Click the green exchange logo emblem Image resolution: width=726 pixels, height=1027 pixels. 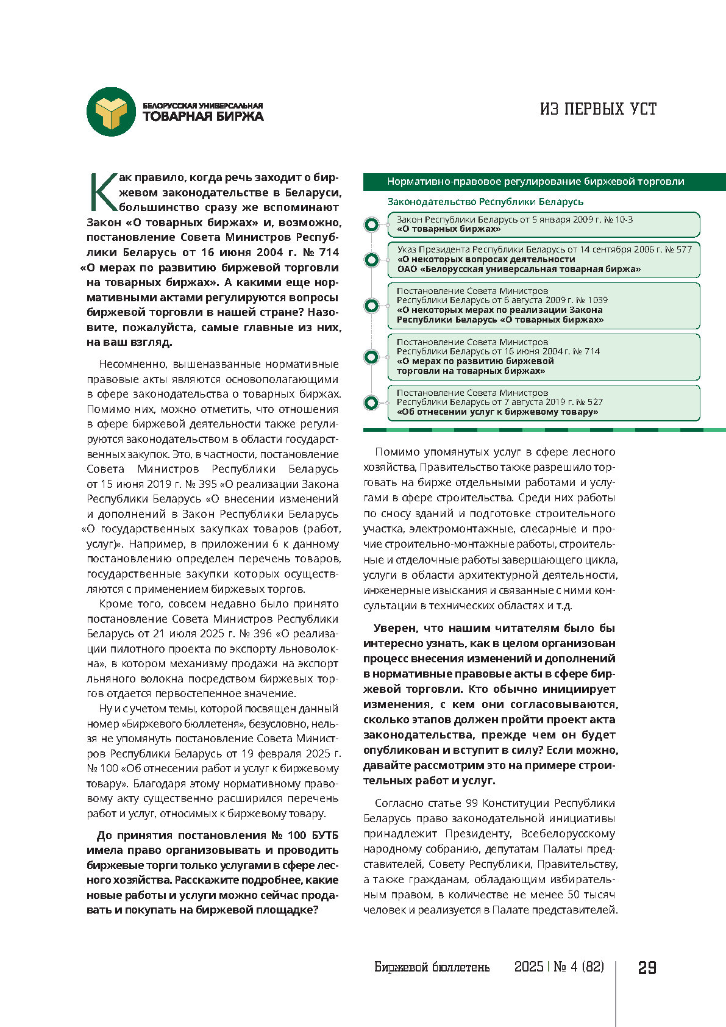[x=111, y=112]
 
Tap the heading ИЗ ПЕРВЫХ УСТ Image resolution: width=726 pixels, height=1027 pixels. [x=598, y=109]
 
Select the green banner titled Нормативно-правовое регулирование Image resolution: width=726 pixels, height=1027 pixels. [x=544, y=182]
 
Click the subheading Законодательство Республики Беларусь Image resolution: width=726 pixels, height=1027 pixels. [x=485, y=201]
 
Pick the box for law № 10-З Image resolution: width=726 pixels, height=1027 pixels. [x=543, y=224]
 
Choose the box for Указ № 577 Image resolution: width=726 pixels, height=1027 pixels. [x=543, y=259]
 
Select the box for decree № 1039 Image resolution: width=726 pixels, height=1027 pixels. [x=543, y=305]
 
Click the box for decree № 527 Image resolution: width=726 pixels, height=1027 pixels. [x=543, y=403]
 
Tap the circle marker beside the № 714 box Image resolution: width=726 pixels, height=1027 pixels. [x=371, y=357]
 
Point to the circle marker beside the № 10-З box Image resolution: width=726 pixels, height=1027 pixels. [x=371, y=224]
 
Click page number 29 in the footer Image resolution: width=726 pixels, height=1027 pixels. [x=647, y=968]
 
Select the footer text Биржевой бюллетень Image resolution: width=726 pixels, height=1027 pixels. [x=432, y=967]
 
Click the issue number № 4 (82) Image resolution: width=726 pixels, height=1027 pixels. [x=578, y=967]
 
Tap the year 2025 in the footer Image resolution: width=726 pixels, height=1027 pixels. [x=528, y=967]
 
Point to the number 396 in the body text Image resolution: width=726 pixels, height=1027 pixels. [x=263, y=634]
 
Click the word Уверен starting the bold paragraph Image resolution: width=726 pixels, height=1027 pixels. [x=396, y=628]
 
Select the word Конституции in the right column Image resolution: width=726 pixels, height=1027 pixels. [x=520, y=803]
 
